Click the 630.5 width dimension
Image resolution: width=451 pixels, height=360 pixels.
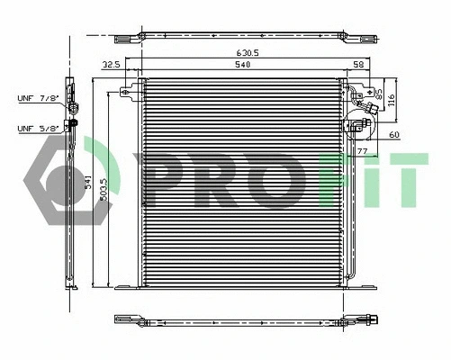point(250,53)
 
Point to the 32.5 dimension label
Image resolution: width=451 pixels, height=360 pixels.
point(112,66)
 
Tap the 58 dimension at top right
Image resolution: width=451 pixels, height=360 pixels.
point(358,66)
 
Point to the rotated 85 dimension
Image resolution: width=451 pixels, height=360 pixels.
point(378,94)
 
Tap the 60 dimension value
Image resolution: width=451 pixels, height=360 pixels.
point(393,135)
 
